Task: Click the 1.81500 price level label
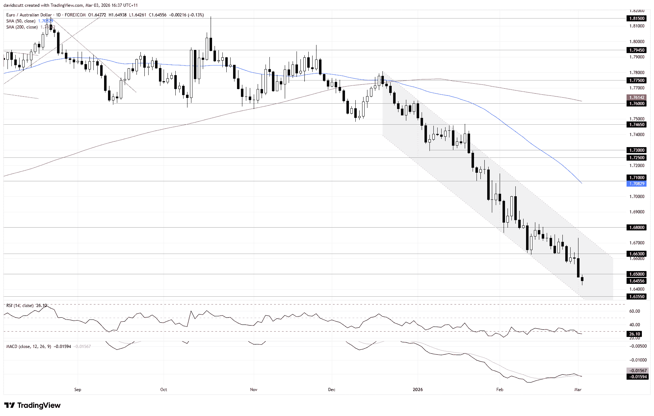[x=637, y=18]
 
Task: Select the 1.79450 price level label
[x=637, y=50]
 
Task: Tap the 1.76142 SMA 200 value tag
[x=637, y=97]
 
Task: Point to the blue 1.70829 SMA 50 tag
[x=637, y=184]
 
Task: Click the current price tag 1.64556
[x=637, y=281]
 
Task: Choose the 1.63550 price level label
[x=637, y=297]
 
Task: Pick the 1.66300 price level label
[x=637, y=254]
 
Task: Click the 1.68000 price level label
[x=637, y=227]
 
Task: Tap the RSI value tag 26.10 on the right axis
[x=635, y=334]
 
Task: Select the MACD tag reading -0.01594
[x=637, y=377]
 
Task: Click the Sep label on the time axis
[x=78, y=390]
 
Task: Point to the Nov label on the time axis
[x=253, y=390]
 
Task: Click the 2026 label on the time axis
[x=418, y=390]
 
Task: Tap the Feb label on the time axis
[x=500, y=390]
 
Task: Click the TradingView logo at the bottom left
[x=32, y=405]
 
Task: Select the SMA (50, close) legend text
[x=21, y=21]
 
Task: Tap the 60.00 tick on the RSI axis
[x=634, y=311]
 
